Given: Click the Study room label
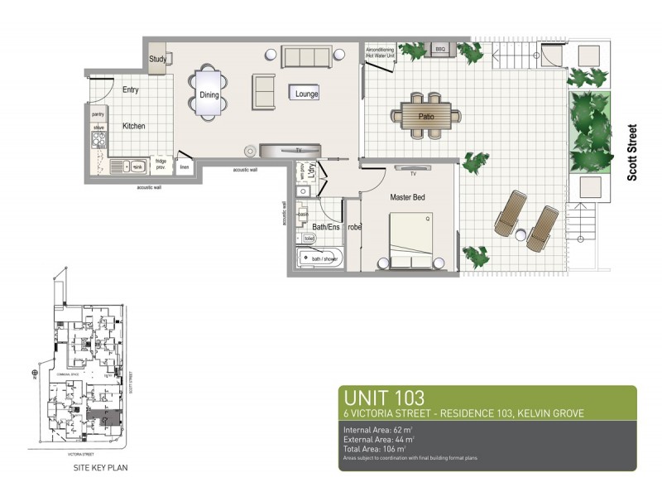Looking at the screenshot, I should [158, 60].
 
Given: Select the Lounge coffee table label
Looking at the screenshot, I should [306, 94].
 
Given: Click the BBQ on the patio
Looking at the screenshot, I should [439, 51].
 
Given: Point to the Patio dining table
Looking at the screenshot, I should [426, 116].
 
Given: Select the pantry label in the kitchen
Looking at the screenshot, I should [98, 114].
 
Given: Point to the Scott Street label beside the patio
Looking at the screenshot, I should [632, 153].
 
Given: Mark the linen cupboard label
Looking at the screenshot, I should [185, 168].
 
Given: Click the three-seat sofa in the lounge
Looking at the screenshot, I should [306, 57].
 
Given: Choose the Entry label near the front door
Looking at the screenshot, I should [131, 89].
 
